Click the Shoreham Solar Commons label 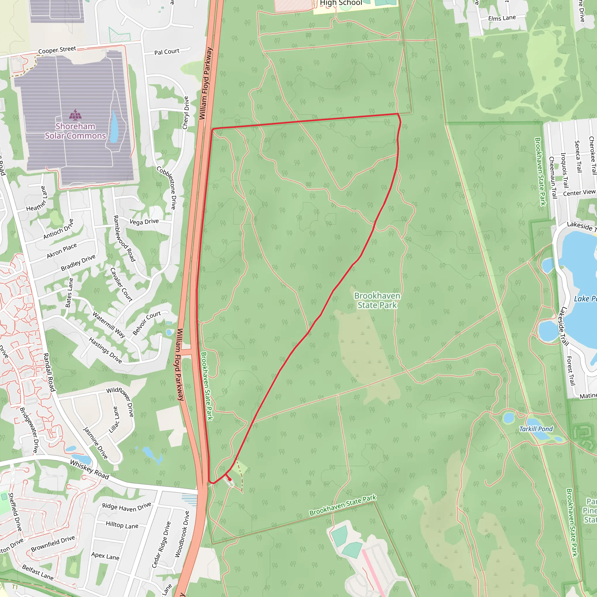[75, 131]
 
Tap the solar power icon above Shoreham [75, 115]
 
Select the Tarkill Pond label [536, 429]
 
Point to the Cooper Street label [57, 50]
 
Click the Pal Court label [167, 52]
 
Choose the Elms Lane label [502, 18]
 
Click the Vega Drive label [144, 222]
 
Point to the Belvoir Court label [147, 323]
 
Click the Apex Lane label [105, 556]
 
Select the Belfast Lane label [38, 572]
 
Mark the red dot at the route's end [230, 479]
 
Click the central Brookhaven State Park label [377, 300]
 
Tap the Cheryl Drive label [185, 113]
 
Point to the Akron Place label [62, 251]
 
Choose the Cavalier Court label [122, 285]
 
